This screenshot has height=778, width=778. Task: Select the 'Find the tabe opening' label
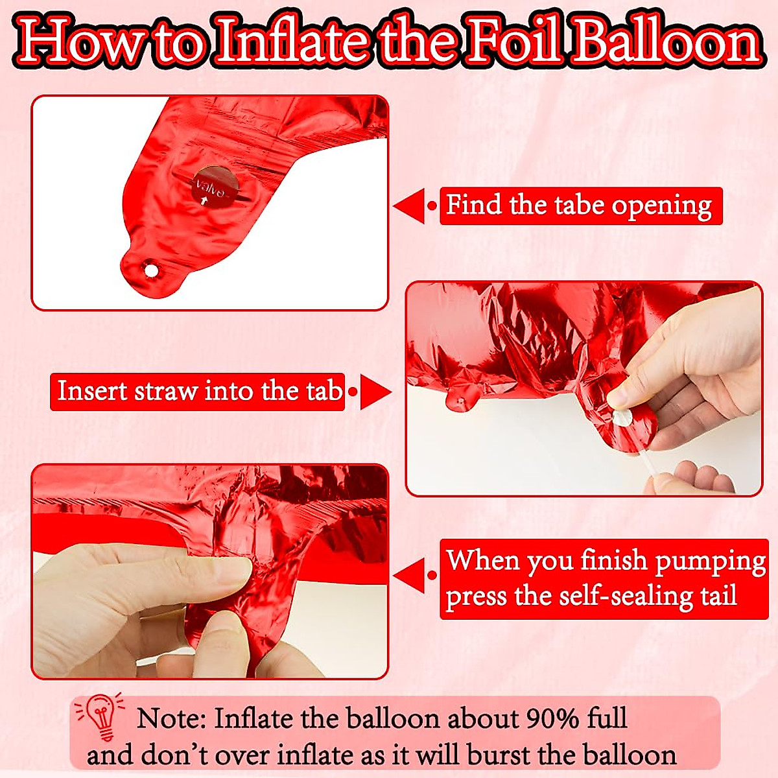point(580,206)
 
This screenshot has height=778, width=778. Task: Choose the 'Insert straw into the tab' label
point(198,392)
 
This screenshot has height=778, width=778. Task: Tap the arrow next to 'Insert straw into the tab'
point(375,392)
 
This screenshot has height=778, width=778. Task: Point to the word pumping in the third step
point(710,561)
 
